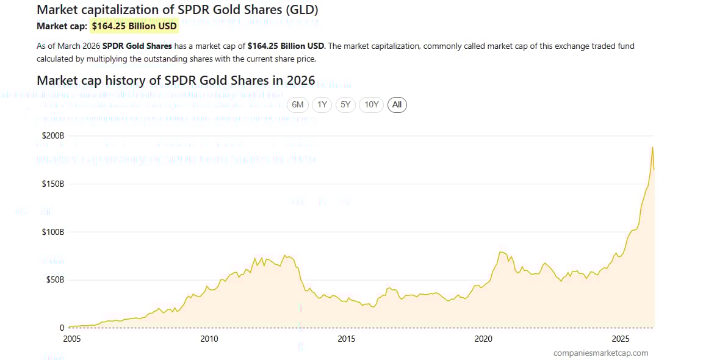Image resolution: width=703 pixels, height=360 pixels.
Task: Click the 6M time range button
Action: (297, 105)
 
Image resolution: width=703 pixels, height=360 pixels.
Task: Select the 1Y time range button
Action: (322, 105)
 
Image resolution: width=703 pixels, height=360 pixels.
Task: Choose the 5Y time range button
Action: (345, 105)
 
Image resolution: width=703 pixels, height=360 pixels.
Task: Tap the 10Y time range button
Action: (371, 105)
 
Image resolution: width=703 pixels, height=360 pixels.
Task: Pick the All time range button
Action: (397, 105)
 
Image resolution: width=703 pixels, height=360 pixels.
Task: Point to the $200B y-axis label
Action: (53, 135)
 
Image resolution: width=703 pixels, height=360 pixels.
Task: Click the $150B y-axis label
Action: (53, 184)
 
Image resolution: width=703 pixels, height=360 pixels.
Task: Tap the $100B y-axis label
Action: (53, 232)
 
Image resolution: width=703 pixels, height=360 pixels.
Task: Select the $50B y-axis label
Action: (54, 279)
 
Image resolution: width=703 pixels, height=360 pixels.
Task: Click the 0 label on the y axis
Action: (62, 328)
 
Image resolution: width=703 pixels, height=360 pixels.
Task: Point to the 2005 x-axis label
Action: (72, 339)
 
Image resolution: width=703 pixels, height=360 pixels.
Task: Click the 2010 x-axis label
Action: (209, 339)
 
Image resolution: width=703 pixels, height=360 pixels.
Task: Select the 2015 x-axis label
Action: (346, 339)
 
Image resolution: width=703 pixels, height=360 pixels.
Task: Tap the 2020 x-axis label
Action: (483, 339)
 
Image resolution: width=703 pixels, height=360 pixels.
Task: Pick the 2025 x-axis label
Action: (621, 339)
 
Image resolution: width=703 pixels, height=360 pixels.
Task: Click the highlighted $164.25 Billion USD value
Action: (134, 26)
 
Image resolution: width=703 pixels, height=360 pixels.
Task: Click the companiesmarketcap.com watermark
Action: (600, 353)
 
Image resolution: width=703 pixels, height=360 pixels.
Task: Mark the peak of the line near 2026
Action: (652, 147)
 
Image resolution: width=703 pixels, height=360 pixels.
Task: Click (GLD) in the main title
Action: (300, 10)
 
